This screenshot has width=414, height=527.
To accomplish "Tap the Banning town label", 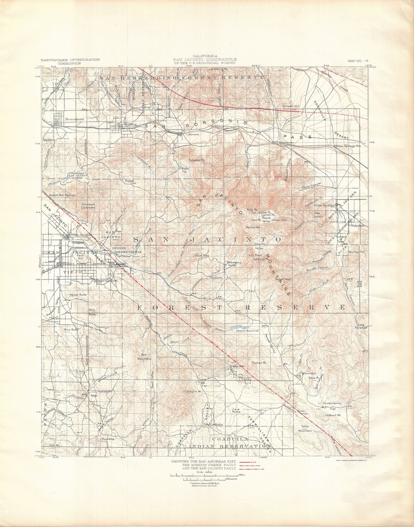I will (x=128, y=124).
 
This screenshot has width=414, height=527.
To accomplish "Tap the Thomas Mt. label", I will (x=259, y=362).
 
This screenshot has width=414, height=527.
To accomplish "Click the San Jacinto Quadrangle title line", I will (x=204, y=59).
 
